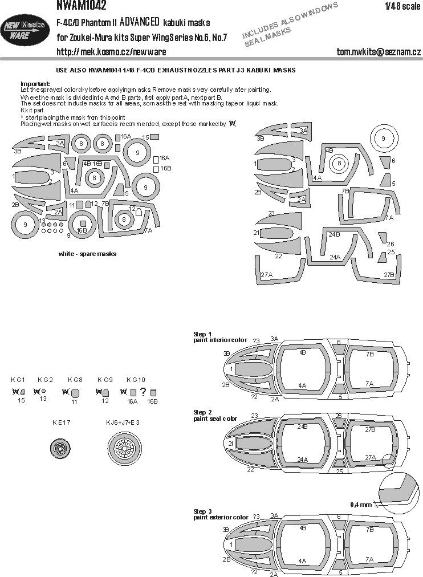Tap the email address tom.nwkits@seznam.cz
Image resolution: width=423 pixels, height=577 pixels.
coord(379,52)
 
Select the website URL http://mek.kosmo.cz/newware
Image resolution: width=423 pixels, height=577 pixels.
coord(111,52)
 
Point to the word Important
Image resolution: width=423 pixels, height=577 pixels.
coord(35,83)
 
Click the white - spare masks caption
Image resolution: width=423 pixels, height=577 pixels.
coord(87,254)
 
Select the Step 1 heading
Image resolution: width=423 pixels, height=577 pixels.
coord(202,334)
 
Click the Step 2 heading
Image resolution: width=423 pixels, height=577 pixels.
coord(202,412)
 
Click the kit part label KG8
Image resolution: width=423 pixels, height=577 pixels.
coord(75,380)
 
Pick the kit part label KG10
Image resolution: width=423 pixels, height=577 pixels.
coord(136,380)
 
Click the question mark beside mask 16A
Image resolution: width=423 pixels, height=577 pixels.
coord(143,392)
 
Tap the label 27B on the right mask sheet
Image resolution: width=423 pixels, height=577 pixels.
coord(389,275)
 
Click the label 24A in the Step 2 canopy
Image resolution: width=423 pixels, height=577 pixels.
coord(302,459)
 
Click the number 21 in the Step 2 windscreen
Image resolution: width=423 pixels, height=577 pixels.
coord(231,443)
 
